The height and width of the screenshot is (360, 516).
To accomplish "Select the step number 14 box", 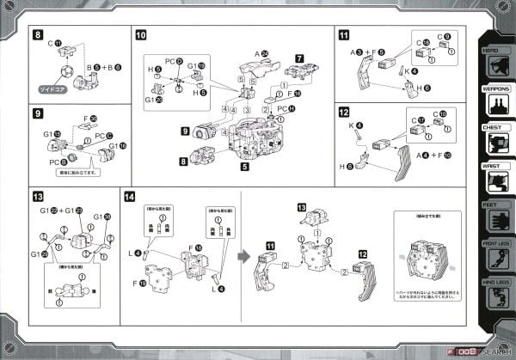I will click(129, 197).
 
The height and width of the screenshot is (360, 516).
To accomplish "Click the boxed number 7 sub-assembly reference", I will click(299, 59).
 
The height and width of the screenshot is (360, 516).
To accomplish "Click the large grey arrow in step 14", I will click(243, 255).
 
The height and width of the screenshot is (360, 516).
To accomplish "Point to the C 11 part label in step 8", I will click(53, 41).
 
